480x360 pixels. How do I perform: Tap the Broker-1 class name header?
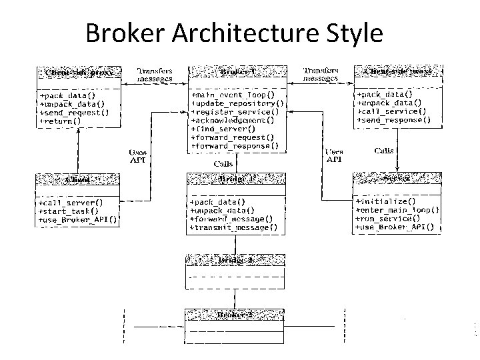tap(239, 71)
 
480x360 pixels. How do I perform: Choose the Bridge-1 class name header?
tap(237, 179)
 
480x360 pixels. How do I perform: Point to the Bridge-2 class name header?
tap(237, 259)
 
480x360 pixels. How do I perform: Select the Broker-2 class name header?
tap(237, 313)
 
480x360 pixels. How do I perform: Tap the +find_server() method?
tap(223, 129)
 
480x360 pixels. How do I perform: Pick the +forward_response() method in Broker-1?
tap(235, 145)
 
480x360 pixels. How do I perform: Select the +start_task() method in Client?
tap(69, 210)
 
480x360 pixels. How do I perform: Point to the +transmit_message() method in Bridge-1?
tap(233, 227)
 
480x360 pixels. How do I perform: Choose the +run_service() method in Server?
tap(389, 218)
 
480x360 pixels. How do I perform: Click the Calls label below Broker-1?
tap(223, 163)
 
